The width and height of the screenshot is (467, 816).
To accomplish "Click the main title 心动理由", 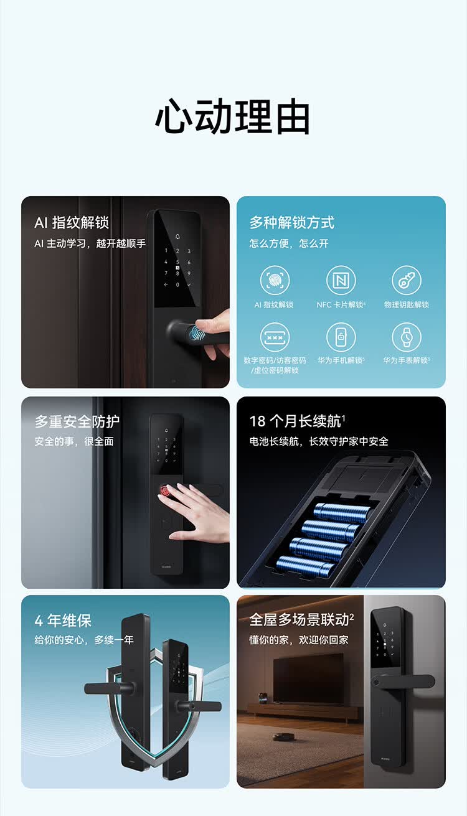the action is point(233,116).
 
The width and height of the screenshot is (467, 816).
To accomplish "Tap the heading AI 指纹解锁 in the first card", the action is point(72,222).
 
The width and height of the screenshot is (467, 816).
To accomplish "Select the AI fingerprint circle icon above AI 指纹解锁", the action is point(275,280).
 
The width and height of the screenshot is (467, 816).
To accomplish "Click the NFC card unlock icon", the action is point(341,280).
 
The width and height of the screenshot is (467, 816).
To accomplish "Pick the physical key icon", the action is point(407,280).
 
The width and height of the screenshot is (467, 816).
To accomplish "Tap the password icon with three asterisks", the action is point(275,337).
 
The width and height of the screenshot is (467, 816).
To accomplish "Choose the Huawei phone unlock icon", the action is point(341,337).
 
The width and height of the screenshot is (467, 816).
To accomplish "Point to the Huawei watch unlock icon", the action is point(407,337).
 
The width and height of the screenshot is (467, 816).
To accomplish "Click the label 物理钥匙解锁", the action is point(407,304).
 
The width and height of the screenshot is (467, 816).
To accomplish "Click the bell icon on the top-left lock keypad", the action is point(177,237).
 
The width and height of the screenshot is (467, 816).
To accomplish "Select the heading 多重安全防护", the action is point(77,421).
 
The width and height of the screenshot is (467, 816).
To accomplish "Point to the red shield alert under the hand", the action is point(165,490).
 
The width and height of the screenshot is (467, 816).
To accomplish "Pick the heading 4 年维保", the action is point(63,621).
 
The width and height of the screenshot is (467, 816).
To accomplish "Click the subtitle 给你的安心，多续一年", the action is point(84,640).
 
